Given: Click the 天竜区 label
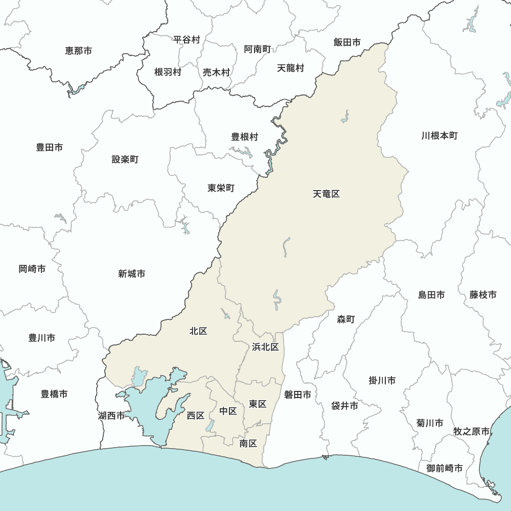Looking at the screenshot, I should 326,194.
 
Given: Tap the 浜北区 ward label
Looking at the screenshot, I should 265,347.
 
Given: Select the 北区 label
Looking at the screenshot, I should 198,331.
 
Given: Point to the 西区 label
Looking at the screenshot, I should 195,415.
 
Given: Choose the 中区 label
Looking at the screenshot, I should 228,411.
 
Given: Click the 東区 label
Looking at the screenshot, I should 258,404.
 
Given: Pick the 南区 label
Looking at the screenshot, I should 248,444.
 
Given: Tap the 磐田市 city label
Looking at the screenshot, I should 297,394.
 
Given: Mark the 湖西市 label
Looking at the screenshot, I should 111,416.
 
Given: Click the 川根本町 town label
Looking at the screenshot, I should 439,136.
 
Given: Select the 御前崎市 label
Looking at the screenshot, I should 445,468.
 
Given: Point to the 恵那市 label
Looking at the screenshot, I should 79,51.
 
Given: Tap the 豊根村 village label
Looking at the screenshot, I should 245,137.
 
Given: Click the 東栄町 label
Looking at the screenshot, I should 221,188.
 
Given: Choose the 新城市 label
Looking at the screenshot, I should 131,274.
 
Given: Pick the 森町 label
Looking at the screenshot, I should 345,319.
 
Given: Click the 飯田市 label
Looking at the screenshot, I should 347,42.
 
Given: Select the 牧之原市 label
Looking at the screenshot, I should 472,431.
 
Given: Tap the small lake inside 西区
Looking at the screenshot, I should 210,426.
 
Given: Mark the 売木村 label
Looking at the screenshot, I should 216,73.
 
